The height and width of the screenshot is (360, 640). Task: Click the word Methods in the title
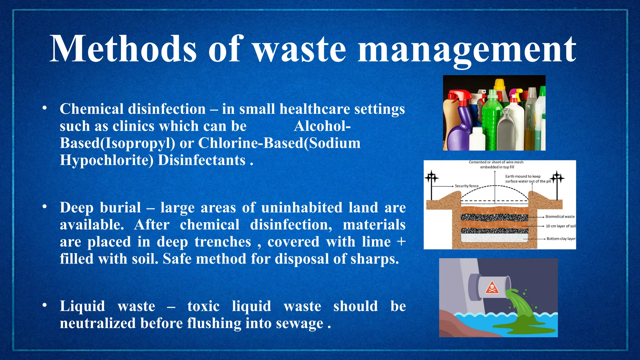pyautogui.click(x=123, y=49)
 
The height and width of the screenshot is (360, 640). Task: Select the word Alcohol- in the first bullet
pyautogui.click(x=322, y=126)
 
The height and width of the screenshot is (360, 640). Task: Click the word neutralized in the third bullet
pyautogui.click(x=98, y=323)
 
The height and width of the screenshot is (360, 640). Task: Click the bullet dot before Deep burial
pyautogui.click(x=45, y=207)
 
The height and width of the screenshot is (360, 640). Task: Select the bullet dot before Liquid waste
pyautogui.click(x=45, y=305)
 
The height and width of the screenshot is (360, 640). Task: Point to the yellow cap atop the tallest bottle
pyautogui.click(x=499, y=83)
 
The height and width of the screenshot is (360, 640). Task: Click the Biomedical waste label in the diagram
pyautogui.click(x=560, y=217)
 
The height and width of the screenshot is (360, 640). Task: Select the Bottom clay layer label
pyautogui.click(x=561, y=239)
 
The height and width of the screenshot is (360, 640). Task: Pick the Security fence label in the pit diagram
pyautogui.click(x=467, y=186)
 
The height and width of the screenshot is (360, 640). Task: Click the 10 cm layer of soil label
pyautogui.click(x=561, y=226)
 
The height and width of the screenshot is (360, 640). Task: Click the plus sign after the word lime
pyautogui.click(x=401, y=242)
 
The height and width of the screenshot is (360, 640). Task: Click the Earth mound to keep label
pyautogui.click(x=523, y=176)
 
